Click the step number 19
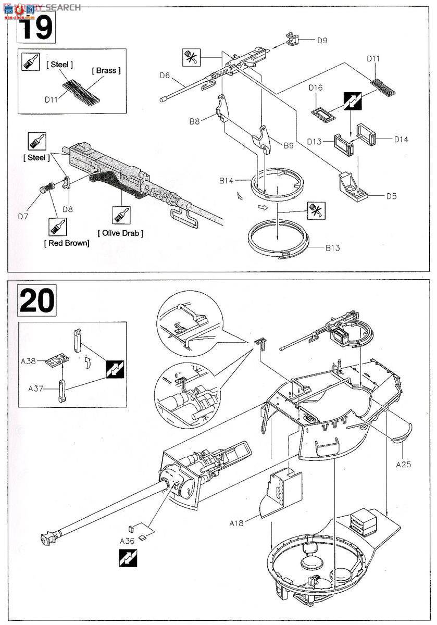point(36,27)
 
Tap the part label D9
point(322,40)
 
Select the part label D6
point(165,76)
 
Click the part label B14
point(226,181)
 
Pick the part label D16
point(316,88)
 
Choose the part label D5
point(392,196)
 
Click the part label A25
point(403,464)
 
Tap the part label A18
point(237,522)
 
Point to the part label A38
point(29,359)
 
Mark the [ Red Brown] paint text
point(67,243)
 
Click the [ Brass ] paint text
point(106,70)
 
